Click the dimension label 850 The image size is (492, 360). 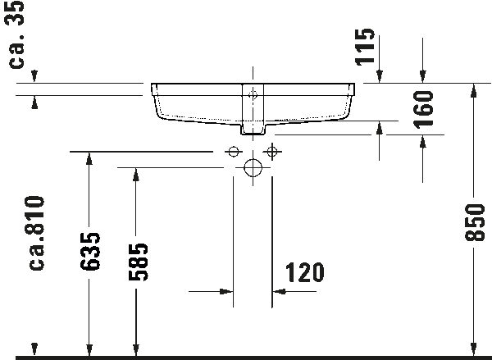(475, 222)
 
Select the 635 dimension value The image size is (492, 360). (89, 252)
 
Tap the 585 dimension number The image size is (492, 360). (138, 262)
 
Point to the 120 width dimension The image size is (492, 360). (305, 272)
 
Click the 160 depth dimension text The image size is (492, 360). (423, 110)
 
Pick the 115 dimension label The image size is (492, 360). (365, 47)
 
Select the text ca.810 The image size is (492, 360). (36, 233)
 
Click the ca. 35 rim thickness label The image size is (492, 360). (16, 34)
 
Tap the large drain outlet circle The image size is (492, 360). (253, 167)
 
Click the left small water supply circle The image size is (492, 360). (233, 152)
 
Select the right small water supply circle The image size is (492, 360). (271, 152)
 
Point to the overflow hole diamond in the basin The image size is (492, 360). (253, 94)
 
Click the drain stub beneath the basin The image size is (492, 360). (253, 129)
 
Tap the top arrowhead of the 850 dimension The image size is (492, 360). (474, 90)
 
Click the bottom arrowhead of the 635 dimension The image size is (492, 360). (89, 350)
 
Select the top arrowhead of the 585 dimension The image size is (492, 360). (136, 175)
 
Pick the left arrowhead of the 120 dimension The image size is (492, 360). (226, 292)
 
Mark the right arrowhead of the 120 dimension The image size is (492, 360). (279, 292)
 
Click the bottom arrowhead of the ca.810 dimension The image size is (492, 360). (34, 349)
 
